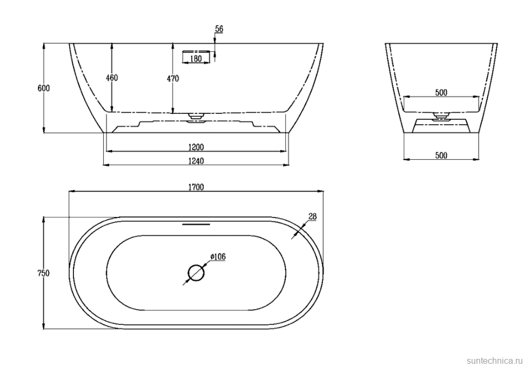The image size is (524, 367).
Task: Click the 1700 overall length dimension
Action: pos(196,187)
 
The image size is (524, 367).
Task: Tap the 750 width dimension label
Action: pos(43,273)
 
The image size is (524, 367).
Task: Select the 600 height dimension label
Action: pos(43,88)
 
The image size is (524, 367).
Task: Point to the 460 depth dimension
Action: pos(112,78)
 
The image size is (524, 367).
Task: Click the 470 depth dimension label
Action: pos(173,79)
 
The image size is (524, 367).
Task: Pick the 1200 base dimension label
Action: pos(196,147)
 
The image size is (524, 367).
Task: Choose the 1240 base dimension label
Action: pos(196,161)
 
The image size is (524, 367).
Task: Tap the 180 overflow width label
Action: pos(196,59)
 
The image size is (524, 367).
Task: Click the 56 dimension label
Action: pos(219,29)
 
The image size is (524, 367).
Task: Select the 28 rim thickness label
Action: pos(312,217)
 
